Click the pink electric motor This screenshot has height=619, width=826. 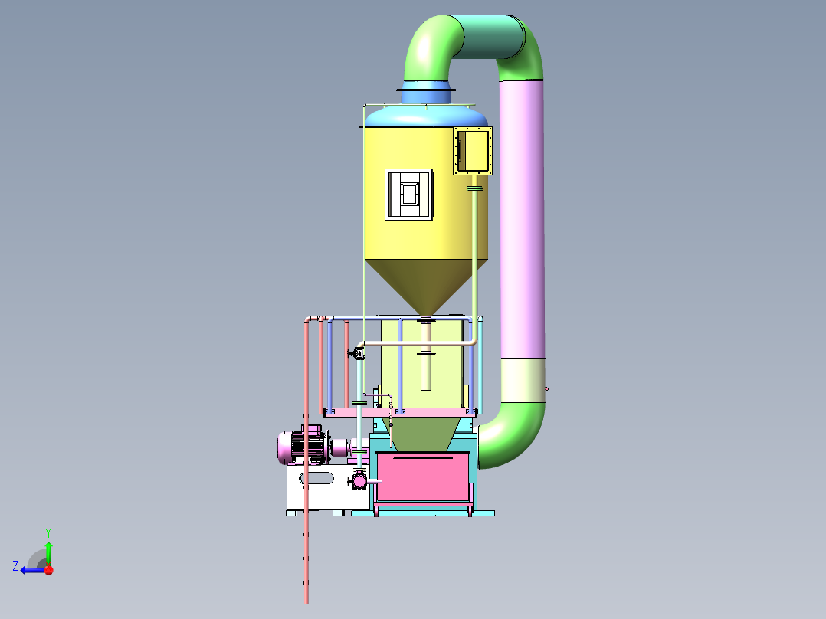pyautogui.click(x=303, y=446)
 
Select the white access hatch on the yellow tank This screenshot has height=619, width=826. pyautogui.click(x=409, y=195)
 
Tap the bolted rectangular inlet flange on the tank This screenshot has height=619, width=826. pyautogui.click(x=473, y=151)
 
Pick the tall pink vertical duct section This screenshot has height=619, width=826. pyautogui.click(x=522, y=218)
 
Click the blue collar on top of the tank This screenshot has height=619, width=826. pyautogui.click(x=426, y=92)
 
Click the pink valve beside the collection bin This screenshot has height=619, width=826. pyautogui.click(x=359, y=480)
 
